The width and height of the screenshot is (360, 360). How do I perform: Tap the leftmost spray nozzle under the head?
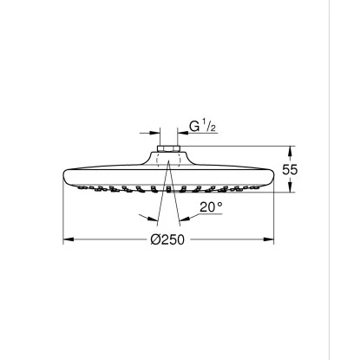[x=89, y=186]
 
